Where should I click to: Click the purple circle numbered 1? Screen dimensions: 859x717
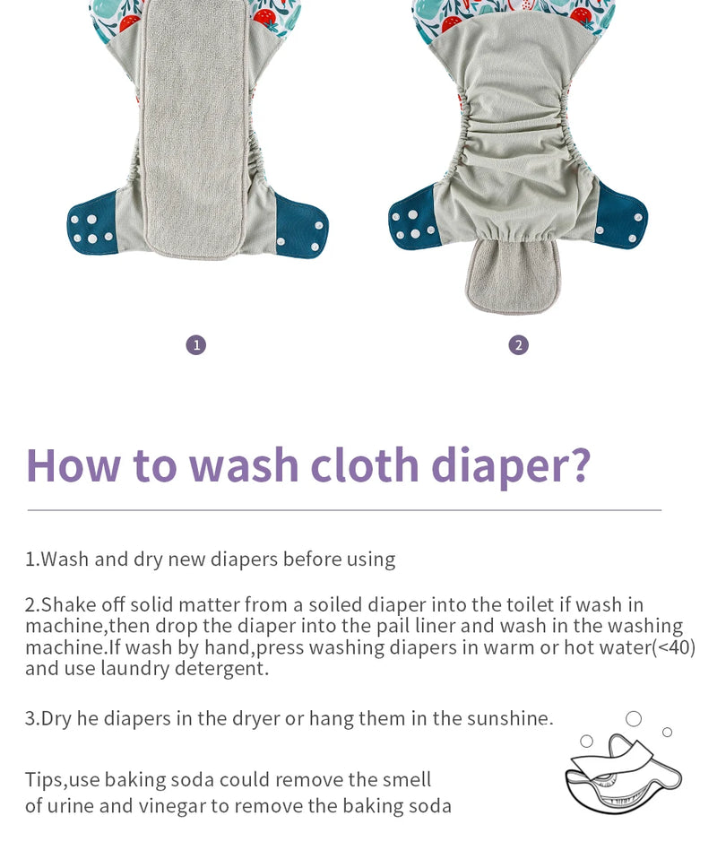tap(196, 345)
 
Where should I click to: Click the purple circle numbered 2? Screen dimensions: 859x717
tap(518, 345)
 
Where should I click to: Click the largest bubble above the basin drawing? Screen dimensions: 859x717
tap(634, 718)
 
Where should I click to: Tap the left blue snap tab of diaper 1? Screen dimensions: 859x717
tap(92, 224)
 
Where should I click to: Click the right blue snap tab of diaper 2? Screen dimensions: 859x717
tap(622, 215)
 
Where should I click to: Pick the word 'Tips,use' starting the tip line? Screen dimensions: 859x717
tap(62, 780)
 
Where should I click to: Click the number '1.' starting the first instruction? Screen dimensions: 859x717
tap(32, 560)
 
